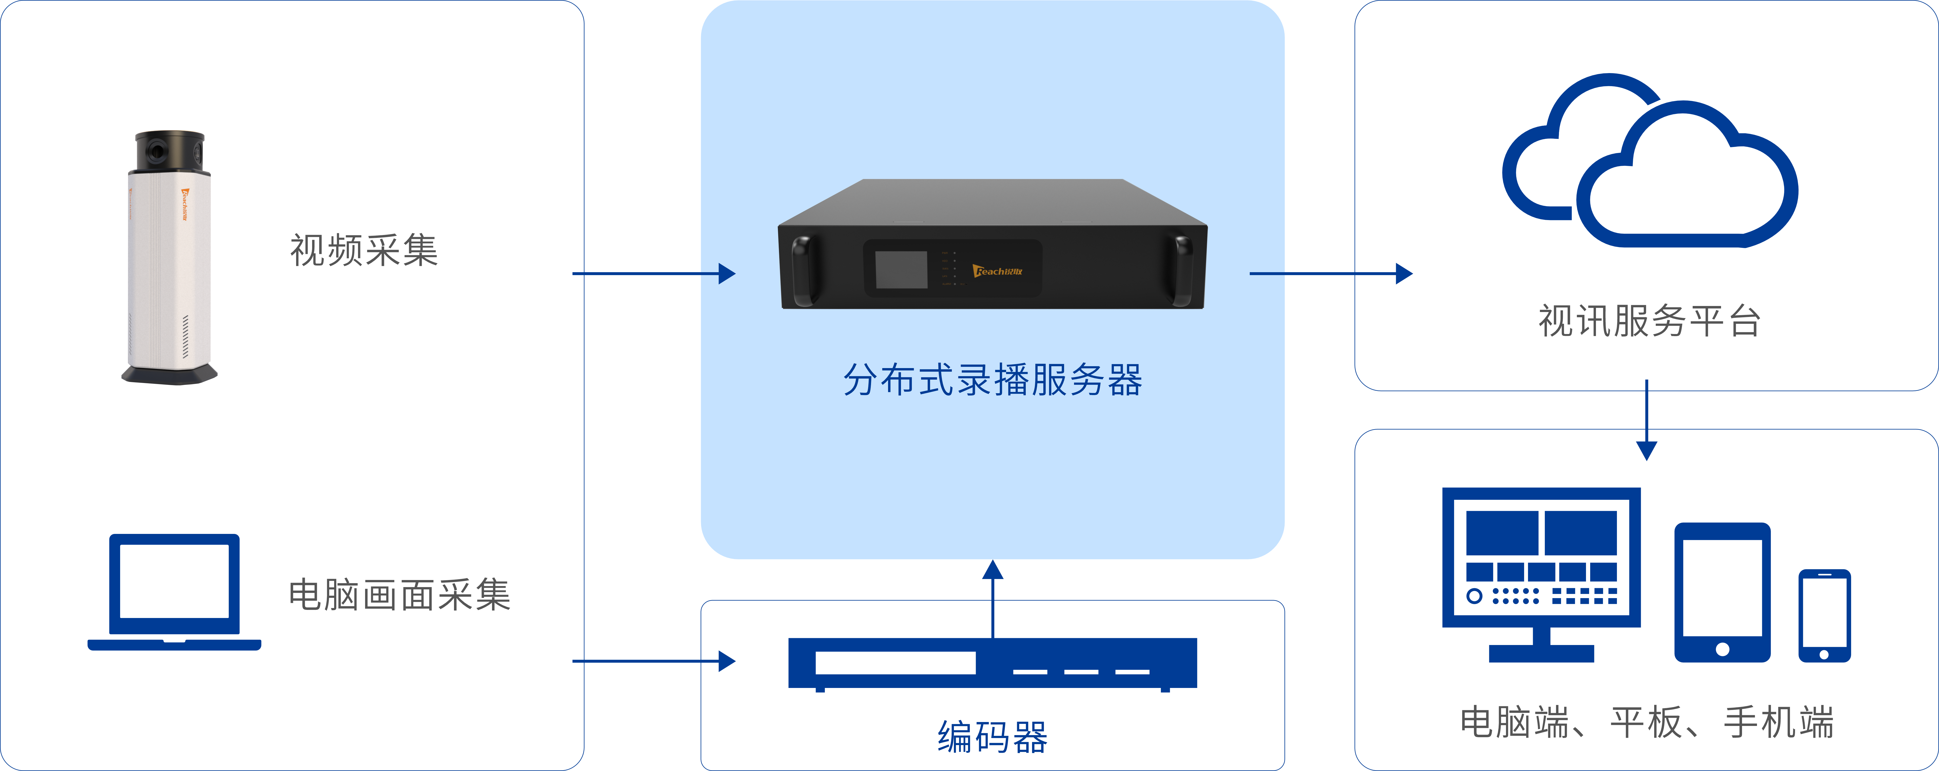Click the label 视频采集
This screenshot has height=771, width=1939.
tap(364, 250)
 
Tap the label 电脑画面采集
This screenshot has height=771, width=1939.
tap(400, 595)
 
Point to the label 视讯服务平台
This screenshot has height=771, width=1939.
tap(1648, 321)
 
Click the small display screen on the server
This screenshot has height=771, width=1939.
tap(901, 269)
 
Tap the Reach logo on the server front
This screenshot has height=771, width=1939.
tap(997, 271)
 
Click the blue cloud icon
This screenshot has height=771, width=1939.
tap(1648, 166)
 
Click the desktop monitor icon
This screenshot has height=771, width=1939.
tap(1541, 572)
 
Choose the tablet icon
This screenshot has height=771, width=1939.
tap(1722, 593)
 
